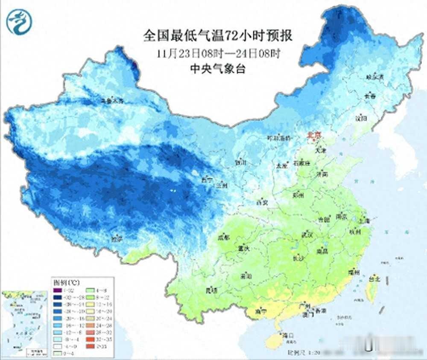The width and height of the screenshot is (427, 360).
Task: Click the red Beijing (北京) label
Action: [x=313, y=136]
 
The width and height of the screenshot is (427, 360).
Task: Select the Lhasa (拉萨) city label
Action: [x=117, y=239]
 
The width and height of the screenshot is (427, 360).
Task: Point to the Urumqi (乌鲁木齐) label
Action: [x=111, y=101]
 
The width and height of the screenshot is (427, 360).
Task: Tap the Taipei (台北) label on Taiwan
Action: [x=374, y=279]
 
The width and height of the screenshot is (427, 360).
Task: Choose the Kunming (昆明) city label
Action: [x=211, y=290]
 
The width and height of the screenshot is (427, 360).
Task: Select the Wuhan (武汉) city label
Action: [x=307, y=235]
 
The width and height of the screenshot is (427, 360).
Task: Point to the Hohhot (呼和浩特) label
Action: [x=278, y=138]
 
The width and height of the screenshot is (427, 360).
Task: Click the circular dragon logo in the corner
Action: [x=19, y=22]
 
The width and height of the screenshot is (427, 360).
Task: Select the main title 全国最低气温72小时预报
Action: [x=218, y=36]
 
